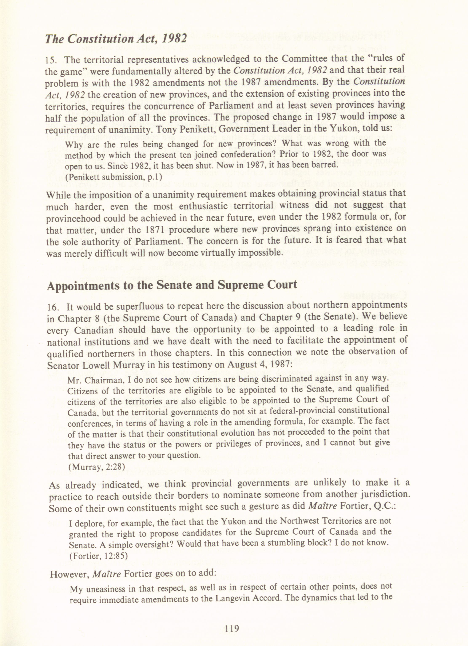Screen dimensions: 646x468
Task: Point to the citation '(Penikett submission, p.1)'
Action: click(113, 177)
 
